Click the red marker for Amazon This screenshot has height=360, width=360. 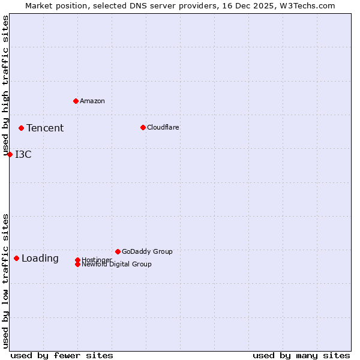(x=76, y=101)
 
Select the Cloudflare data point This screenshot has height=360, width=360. (x=143, y=127)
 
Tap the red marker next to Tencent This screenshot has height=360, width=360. (x=21, y=128)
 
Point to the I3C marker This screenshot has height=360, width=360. (x=10, y=154)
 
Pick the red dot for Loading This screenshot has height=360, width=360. (x=16, y=258)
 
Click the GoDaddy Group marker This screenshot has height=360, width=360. (x=118, y=251)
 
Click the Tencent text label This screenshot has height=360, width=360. (x=45, y=128)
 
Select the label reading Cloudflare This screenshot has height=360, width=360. (x=163, y=127)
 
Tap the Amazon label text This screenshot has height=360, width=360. (x=92, y=101)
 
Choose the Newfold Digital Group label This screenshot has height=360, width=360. (x=117, y=265)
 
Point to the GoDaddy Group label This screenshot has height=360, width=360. (x=147, y=251)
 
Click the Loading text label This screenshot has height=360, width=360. (x=40, y=259)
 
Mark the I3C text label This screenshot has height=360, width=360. (x=23, y=154)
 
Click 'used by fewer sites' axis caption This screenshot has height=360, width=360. (x=62, y=355)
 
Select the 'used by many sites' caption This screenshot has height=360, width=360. (x=301, y=355)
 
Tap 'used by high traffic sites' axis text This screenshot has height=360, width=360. (x=5, y=86)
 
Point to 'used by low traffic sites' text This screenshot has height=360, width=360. (x=5, y=281)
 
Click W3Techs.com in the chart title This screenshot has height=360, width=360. (x=308, y=5)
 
